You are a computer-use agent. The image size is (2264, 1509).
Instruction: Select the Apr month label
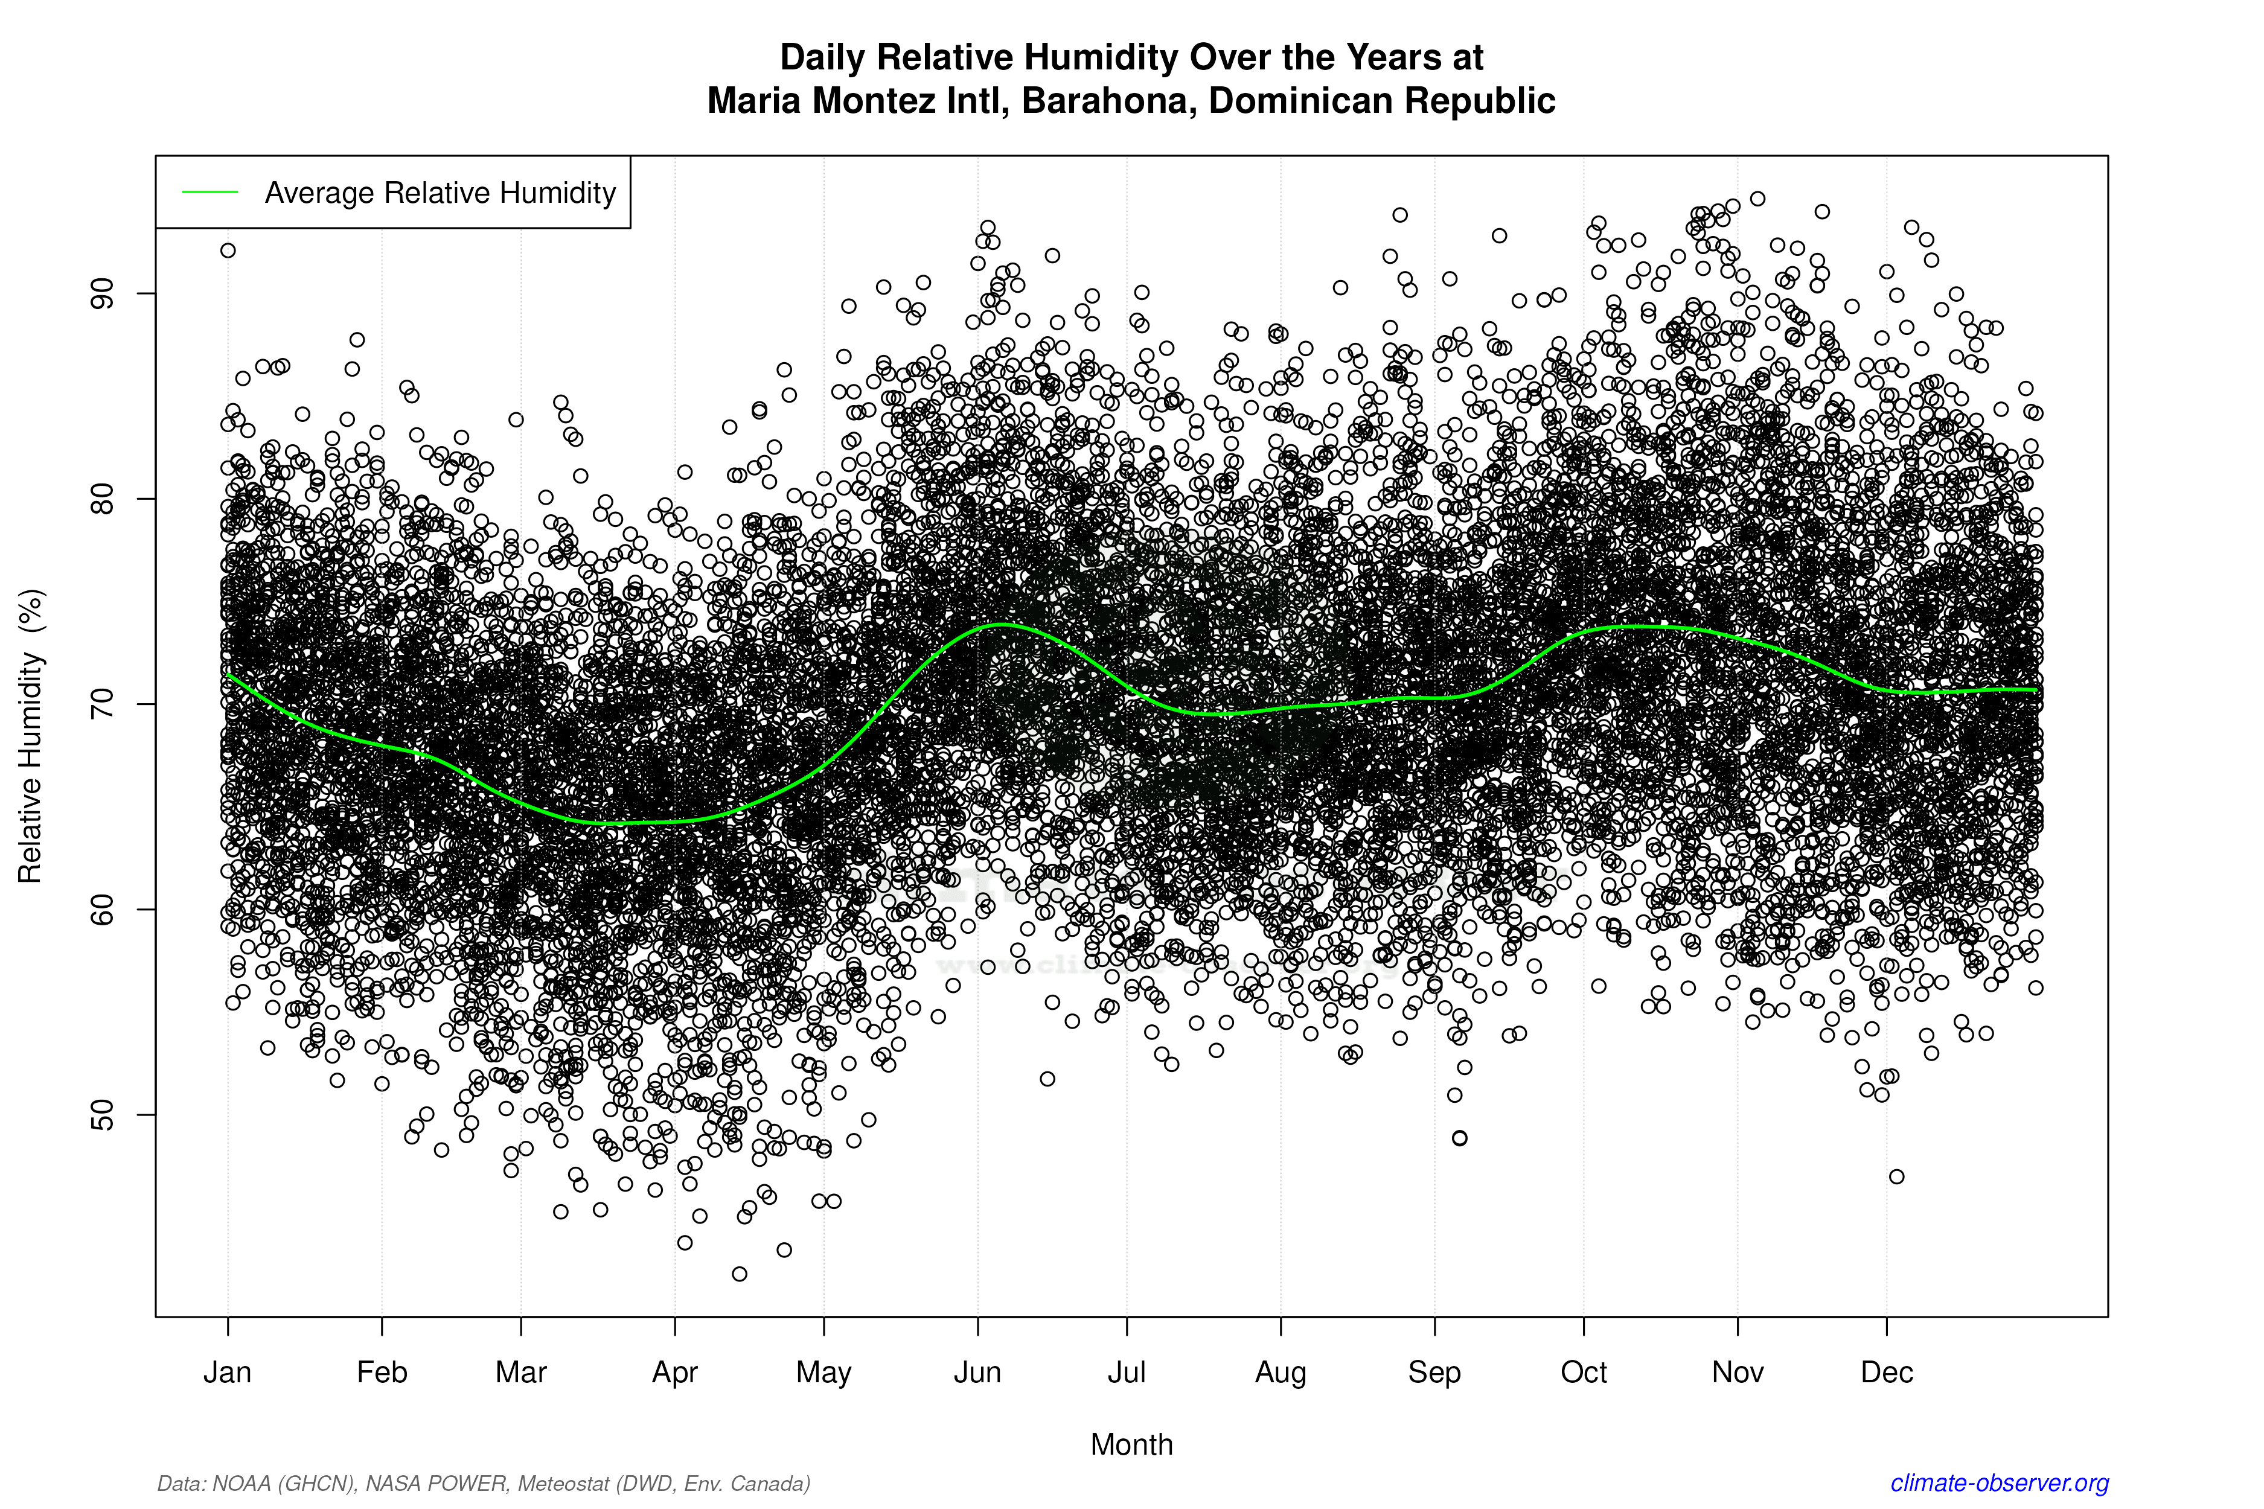click(675, 1373)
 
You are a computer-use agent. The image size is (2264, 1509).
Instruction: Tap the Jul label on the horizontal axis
click(1126, 1373)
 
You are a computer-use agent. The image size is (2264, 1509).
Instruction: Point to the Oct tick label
click(1584, 1373)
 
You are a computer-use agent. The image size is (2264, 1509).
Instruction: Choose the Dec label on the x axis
click(1887, 1373)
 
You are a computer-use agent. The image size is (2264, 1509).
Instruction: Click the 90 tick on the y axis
click(102, 293)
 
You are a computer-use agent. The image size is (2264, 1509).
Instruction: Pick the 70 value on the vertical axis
click(102, 703)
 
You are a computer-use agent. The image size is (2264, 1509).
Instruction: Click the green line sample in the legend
click(210, 193)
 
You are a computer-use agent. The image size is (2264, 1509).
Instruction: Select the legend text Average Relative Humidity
click(440, 193)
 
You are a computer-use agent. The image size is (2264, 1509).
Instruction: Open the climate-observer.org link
click(2000, 1483)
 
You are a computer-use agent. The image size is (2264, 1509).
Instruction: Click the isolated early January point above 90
click(228, 250)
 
